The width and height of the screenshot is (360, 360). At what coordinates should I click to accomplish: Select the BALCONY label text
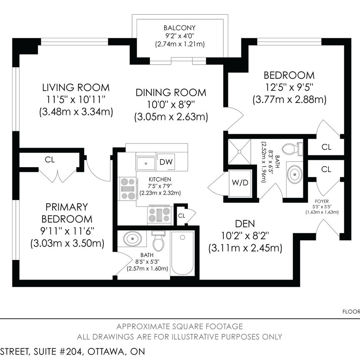coord(180,28)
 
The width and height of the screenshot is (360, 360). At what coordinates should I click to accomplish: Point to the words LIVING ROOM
coord(76,88)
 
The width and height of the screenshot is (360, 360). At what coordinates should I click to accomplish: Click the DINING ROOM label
coord(171,92)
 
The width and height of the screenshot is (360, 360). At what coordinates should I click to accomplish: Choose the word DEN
coord(245,223)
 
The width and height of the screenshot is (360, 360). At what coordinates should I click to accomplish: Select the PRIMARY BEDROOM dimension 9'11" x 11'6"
coord(67,231)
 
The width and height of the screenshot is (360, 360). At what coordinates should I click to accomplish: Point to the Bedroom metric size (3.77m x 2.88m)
coord(289,100)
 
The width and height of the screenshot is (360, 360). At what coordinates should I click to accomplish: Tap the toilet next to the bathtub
coord(158,241)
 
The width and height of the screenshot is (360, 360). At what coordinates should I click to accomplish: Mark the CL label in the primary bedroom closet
coord(50,160)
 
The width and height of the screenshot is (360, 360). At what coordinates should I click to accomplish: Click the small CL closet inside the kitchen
coord(182,215)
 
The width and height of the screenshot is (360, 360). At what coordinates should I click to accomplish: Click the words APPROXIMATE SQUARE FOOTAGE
coord(180,327)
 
